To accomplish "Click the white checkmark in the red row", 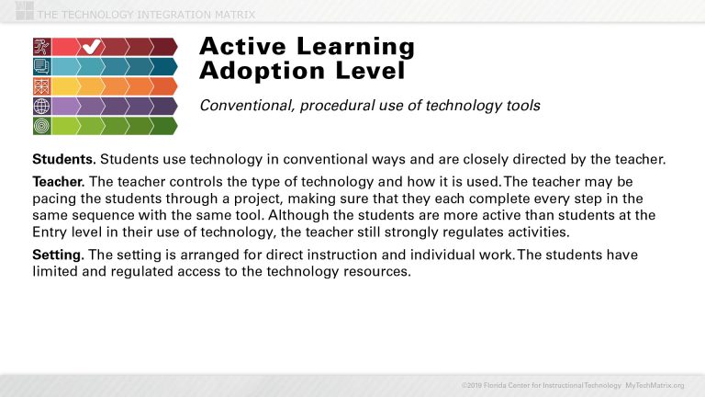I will pos(91,46).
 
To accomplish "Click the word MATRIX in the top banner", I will pos(229,14).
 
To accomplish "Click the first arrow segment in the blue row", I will pos(66,66).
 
